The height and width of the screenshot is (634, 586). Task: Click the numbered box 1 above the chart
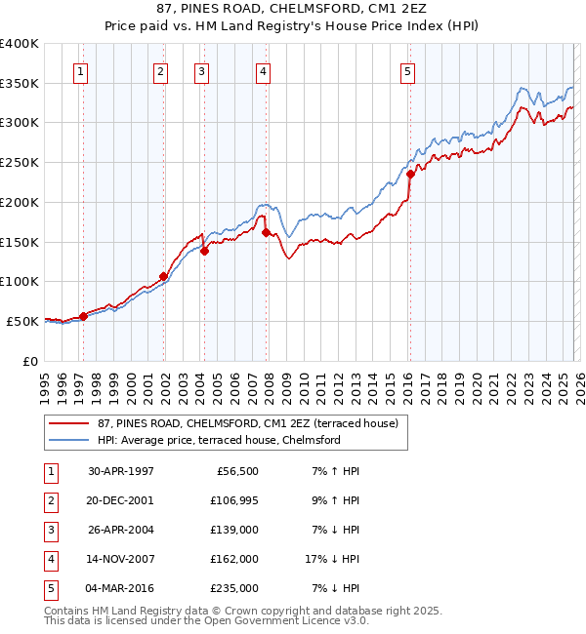point(80,70)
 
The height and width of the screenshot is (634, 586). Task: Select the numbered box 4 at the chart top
point(264,70)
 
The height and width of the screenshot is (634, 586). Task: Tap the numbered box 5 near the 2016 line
point(407,70)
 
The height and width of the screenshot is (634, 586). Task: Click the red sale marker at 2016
point(410,175)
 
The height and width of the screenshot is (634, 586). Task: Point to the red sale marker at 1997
point(84,315)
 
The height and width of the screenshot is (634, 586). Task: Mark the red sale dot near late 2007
point(266,232)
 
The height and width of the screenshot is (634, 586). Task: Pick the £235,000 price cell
point(234,587)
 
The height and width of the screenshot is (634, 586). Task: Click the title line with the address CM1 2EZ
point(293,9)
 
